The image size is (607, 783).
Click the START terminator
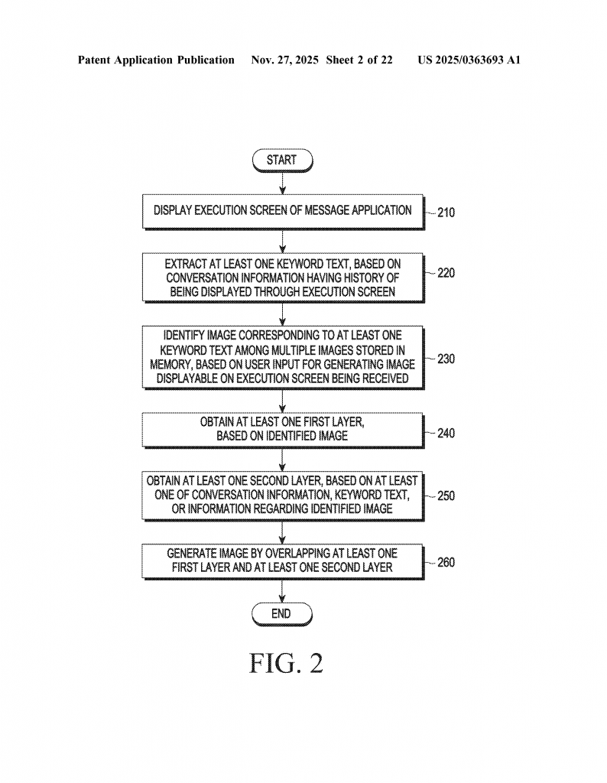pyautogui.click(x=281, y=160)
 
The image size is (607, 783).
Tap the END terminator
pyautogui.click(x=281, y=613)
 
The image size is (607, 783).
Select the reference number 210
pyautogui.click(x=446, y=212)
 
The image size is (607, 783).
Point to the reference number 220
pyautogui.click(x=446, y=272)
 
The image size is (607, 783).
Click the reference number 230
pyautogui.click(x=446, y=358)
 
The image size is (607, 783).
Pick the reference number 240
pyautogui.click(x=446, y=433)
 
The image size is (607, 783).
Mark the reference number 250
pyautogui.click(x=446, y=495)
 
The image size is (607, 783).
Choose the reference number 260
pyautogui.click(x=446, y=563)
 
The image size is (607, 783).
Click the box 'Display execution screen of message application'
pyautogui.click(x=282, y=211)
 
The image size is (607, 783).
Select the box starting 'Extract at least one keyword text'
pyautogui.click(x=282, y=276)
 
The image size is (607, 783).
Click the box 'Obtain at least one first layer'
pyautogui.click(x=282, y=430)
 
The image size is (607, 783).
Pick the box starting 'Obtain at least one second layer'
pyautogui.click(x=282, y=495)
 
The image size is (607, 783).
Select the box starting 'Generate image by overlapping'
pyautogui.click(x=282, y=560)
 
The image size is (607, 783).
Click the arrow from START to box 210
pyautogui.click(x=282, y=183)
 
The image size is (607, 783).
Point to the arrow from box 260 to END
pyautogui.click(x=282, y=590)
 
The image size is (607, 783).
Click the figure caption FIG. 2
pyautogui.click(x=286, y=663)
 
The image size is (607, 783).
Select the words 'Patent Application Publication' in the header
pyautogui.click(x=156, y=60)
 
